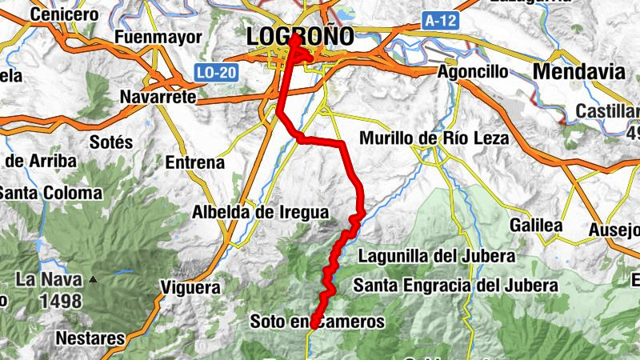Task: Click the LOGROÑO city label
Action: coord(300,37)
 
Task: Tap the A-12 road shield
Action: coord(441,22)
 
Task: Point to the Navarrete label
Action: coord(158,97)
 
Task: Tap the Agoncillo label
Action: coord(473,72)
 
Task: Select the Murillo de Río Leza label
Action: coord(434,138)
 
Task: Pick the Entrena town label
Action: coord(194,163)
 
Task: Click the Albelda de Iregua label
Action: coord(261,213)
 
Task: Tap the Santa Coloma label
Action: coord(51,193)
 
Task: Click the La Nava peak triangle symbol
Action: coord(94,280)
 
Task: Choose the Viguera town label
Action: coord(190,287)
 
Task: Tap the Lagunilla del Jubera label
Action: coord(436,257)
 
